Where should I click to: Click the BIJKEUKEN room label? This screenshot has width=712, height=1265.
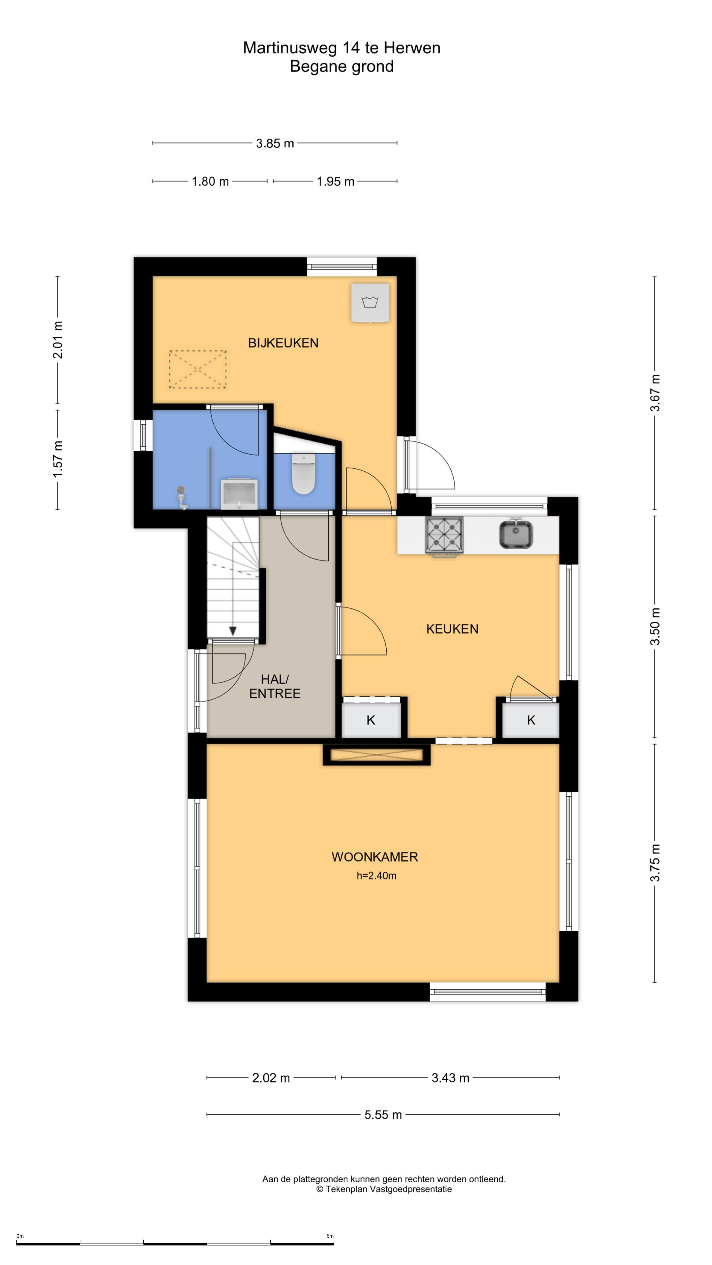(283, 343)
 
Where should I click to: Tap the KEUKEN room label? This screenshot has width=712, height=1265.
(452, 629)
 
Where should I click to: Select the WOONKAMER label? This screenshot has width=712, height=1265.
(375, 857)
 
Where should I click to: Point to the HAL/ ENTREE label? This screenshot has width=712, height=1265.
(275, 686)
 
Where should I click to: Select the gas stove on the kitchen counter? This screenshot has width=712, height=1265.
(444, 536)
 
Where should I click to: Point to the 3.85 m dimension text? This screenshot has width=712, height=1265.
(275, 143)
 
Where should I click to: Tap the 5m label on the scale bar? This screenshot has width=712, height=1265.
(330, 1236)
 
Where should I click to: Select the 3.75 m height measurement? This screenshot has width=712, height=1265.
(655, 863)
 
